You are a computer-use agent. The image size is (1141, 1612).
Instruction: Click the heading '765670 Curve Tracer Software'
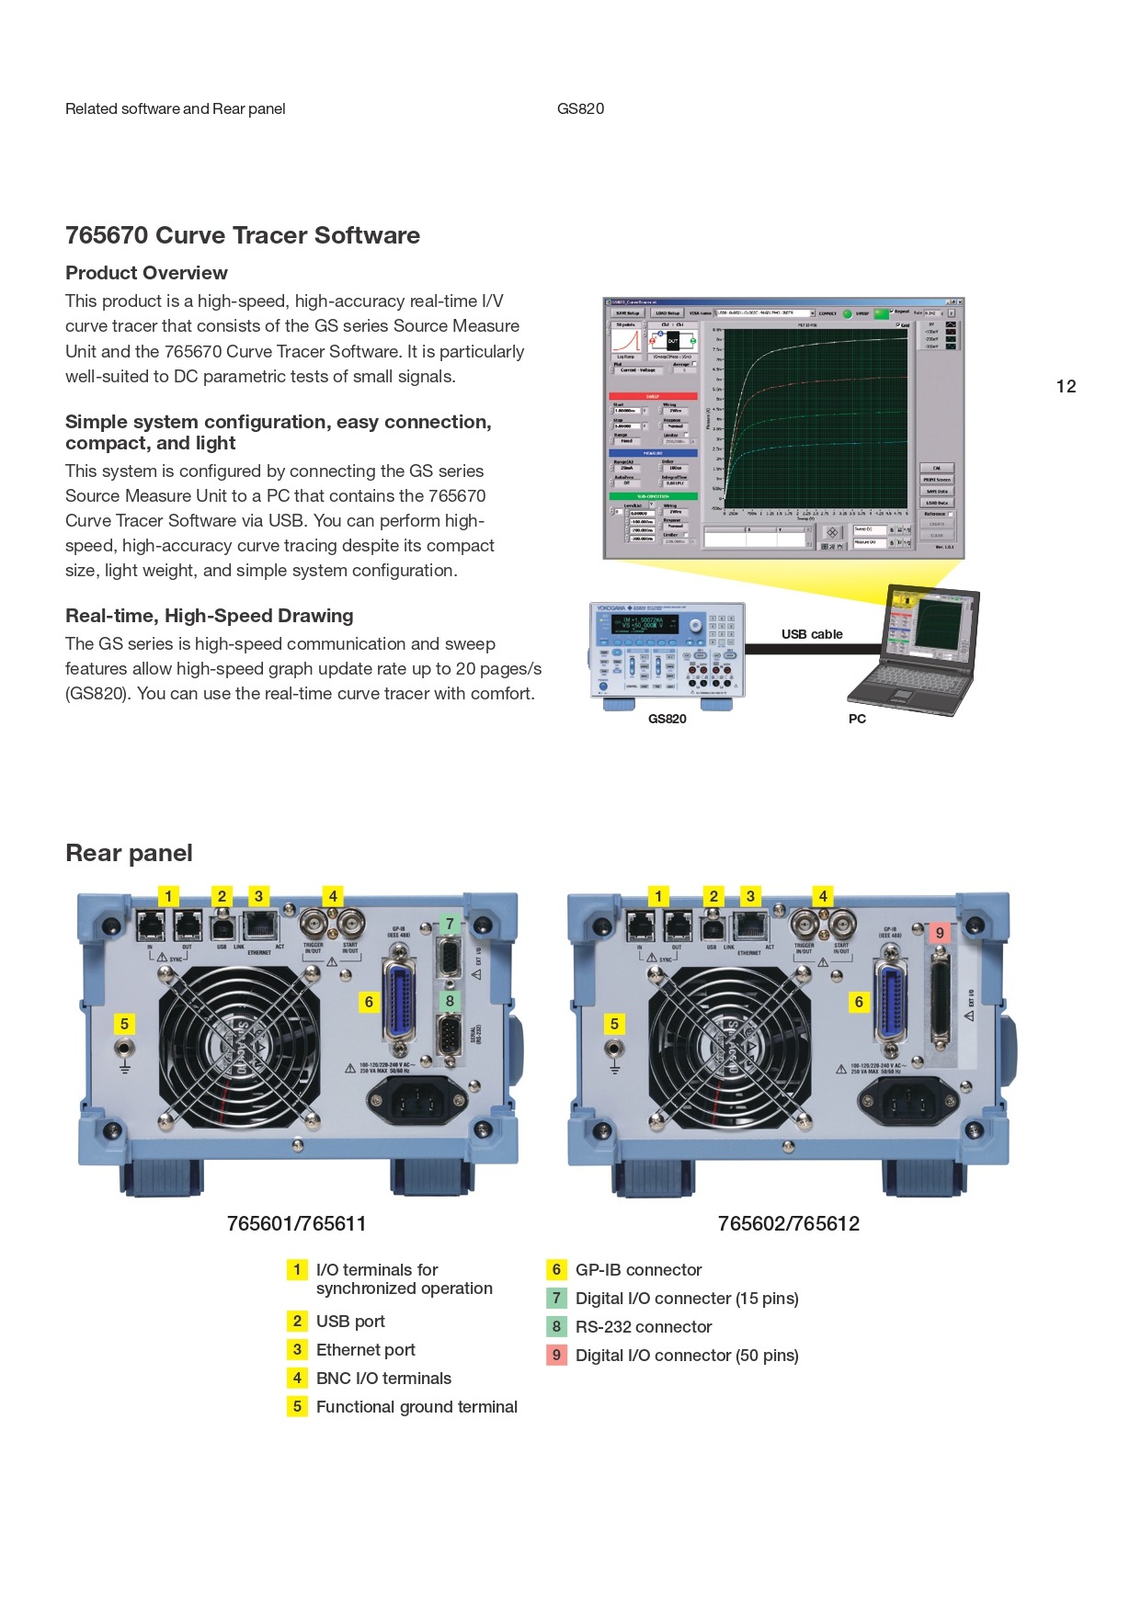click(242, 235)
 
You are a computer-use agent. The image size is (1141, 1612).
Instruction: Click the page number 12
click(1066, 386)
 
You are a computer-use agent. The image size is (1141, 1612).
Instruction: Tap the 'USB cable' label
click(812, 634)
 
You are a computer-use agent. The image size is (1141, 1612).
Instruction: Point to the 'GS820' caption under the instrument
click(667, 719)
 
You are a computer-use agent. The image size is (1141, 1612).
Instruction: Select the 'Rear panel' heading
click(129, 853)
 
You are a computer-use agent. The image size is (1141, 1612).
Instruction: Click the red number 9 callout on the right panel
click(939, 933)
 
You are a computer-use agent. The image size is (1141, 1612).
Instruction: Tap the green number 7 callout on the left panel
click(450, 923)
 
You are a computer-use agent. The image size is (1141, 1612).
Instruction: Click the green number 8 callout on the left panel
click(450, 1000)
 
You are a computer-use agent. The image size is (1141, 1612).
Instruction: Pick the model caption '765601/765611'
click(296, 1223)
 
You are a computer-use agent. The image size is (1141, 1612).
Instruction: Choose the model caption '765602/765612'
click(788, 1223)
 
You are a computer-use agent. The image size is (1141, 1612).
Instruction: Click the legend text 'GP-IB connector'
click(638, 1269)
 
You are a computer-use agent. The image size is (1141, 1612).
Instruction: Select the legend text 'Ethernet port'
click(365, 1349)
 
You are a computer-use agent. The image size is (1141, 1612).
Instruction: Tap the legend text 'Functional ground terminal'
click(416, 1406)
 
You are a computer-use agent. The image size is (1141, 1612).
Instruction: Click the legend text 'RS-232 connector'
click(644, 1326)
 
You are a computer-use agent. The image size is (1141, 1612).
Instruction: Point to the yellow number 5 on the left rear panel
click(124, 1023)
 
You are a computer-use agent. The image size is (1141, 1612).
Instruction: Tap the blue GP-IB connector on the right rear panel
click(889, 1002)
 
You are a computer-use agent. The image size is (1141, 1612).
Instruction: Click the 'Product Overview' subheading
click(146, 273)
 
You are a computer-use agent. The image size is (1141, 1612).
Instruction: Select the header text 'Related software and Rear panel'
click(175, 108)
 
